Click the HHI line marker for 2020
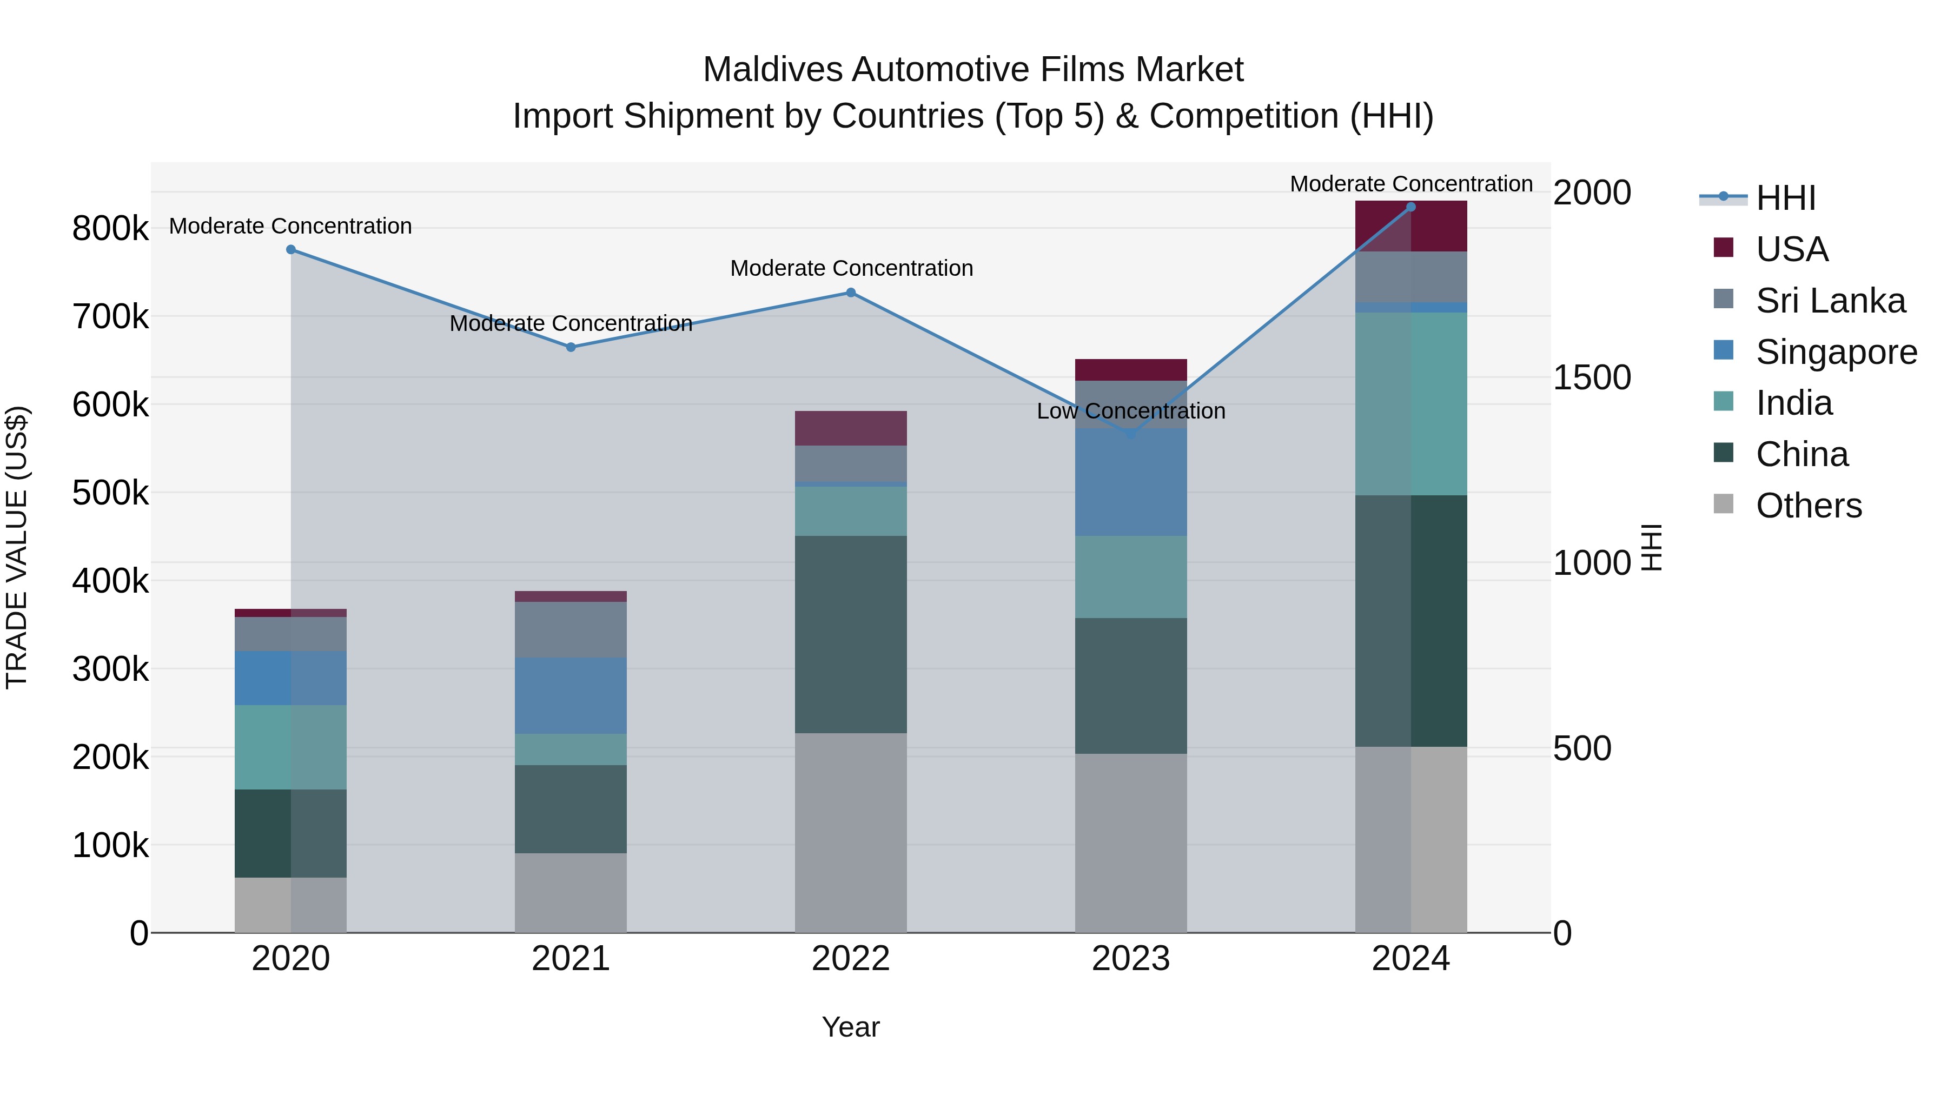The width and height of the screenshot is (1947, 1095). click(x=291, y=249)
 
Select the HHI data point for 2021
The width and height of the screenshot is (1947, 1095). click(x=571, y=347)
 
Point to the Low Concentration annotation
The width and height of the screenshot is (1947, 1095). click(x=1131, y=411)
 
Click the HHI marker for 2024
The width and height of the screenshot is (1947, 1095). click(x=1410, y=207)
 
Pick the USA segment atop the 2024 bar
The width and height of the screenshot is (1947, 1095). click(x=1410, y=226)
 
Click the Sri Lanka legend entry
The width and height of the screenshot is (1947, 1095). click(x=1829, y=301)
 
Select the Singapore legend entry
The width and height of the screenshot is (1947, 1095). click(x=1835, y=352)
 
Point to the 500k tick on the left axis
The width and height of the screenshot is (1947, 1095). click(x=110, y=493)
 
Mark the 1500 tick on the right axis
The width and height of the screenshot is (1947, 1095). click(x=1592, y=378)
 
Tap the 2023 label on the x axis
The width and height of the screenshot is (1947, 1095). click(x=1131, y=959)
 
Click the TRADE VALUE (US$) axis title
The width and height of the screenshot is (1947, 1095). click(x=17, y=547)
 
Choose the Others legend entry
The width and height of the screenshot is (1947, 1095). click(x=1808, y=506)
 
